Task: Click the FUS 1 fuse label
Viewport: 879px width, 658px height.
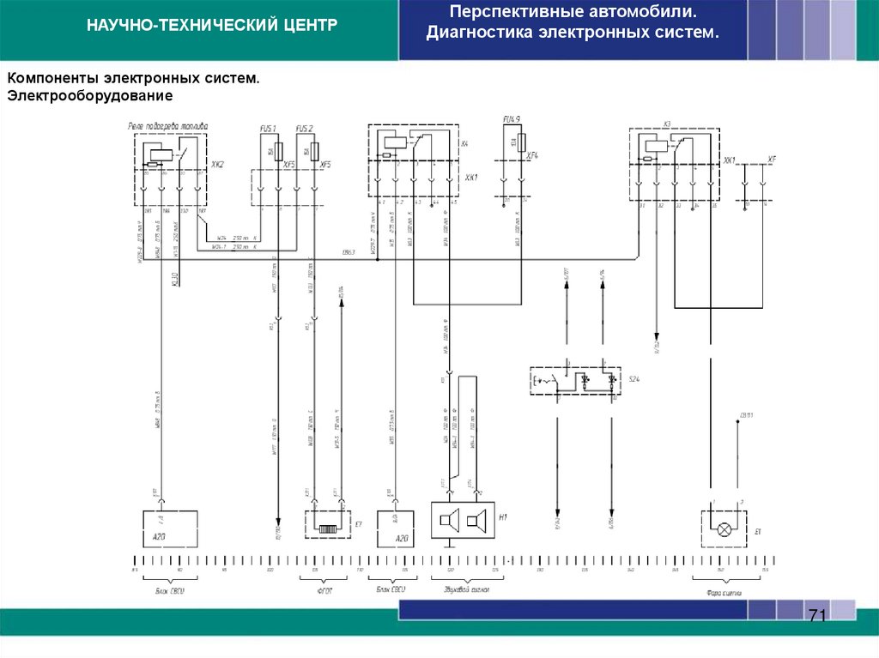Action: (x=268, y=129)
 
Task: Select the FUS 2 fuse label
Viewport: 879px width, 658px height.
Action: (x=305, y=129)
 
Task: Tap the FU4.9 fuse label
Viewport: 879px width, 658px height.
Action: (x=512, y=118)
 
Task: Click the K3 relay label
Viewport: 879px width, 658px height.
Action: (x=666, y=124)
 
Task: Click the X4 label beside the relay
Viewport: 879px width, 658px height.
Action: (x=464, y=143)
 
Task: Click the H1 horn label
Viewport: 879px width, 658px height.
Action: (x=504, y=516)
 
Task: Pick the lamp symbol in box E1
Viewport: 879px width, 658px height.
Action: (x=724, y=529)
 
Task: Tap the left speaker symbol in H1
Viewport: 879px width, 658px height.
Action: (x=446, y=519)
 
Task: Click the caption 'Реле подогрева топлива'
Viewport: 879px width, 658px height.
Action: (x=167, y=125)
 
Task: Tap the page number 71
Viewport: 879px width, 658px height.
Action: (x=816, y=615)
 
